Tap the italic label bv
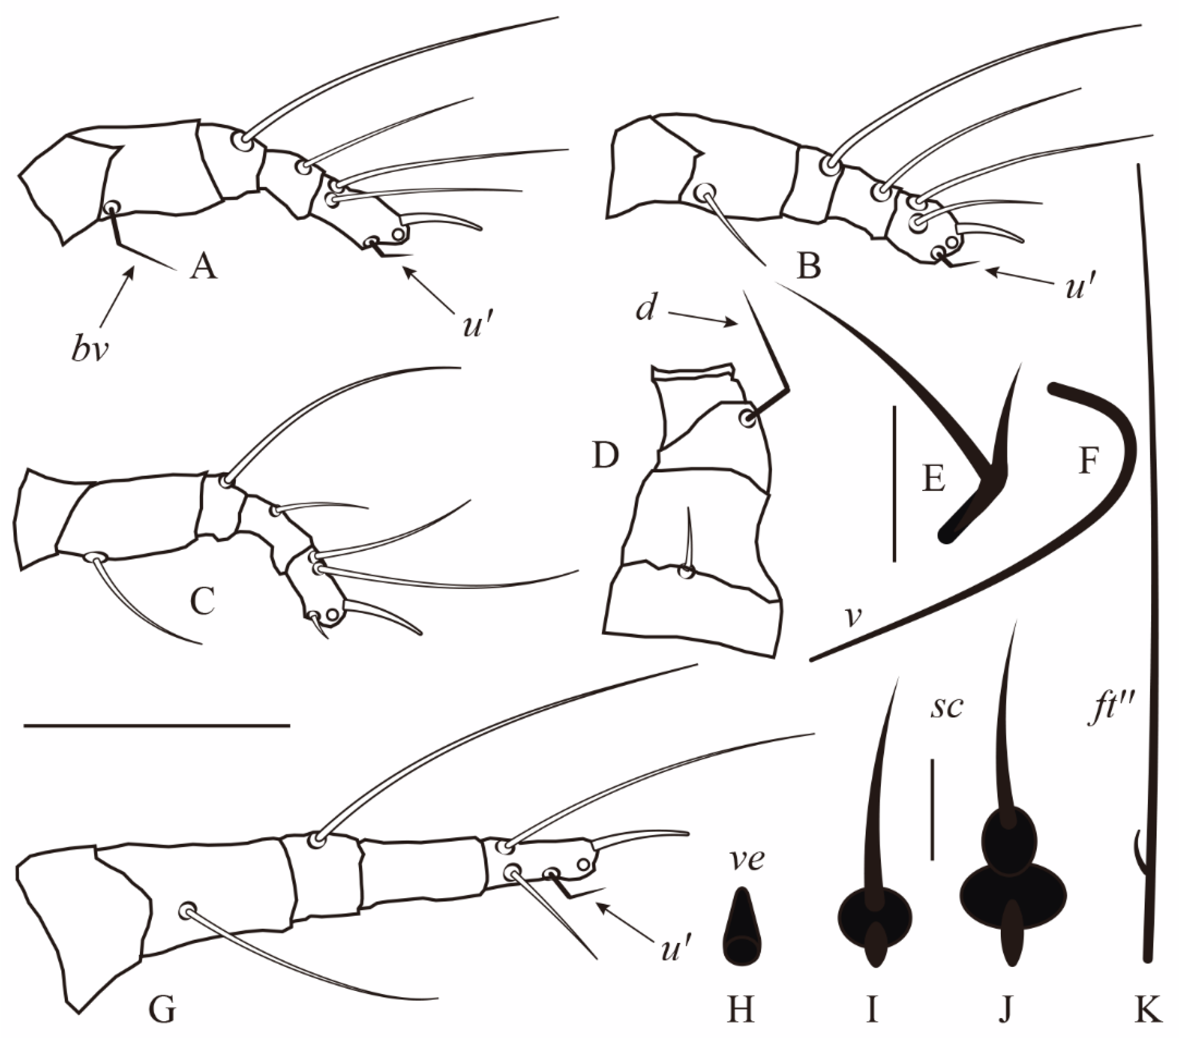[90, 349]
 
